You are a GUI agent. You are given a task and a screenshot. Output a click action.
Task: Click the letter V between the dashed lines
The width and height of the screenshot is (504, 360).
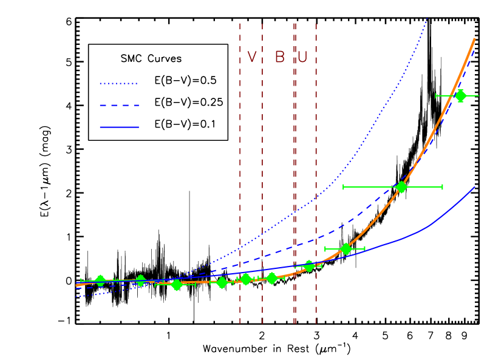click(x=252, y=57)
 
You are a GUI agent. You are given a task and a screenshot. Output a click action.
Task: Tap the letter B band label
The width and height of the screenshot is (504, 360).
click(x=279, y=57)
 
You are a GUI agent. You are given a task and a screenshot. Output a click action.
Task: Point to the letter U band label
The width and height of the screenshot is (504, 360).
click(x=302, y=57)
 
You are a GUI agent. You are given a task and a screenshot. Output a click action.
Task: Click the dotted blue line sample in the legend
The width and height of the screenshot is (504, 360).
click(x=118, y=84)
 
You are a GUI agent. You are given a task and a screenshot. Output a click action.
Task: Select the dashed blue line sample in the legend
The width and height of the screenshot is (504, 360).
click(x=119, y=106)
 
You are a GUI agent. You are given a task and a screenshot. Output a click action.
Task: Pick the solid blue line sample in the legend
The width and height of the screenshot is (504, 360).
click(x=119, y=127)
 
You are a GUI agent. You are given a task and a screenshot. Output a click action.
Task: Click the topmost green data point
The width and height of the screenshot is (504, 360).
click(x=460, y=95)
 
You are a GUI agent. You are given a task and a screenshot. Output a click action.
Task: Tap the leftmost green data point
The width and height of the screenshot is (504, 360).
click(x=100, y=280)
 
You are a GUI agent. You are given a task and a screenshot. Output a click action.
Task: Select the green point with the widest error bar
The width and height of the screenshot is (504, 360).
click(x=401, y=186)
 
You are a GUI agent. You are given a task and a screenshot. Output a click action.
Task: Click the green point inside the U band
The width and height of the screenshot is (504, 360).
click(x=308, y=265)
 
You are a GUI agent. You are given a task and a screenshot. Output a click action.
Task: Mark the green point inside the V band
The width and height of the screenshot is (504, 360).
click(x=245, y=279)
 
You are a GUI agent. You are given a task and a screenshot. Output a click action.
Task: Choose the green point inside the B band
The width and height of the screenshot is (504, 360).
click(x=271, y=278)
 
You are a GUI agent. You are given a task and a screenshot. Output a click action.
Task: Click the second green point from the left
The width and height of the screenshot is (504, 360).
click(x=140, y=280)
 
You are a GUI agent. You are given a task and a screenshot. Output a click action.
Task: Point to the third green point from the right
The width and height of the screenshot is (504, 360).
click(x=346, y=248)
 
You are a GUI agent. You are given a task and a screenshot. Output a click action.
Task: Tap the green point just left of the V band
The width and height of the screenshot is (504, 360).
click(x=222, y=282)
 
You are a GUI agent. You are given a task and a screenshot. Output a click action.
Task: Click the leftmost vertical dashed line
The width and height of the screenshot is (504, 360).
click(x=240, y=182)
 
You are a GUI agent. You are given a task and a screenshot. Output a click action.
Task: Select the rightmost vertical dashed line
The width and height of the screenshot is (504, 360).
click(x=316, y=182)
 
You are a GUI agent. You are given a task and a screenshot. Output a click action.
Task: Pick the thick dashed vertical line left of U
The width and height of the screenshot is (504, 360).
click(x=295, y=182)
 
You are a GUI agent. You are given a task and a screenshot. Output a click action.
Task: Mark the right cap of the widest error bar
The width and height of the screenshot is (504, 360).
click(x=442, y=186)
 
